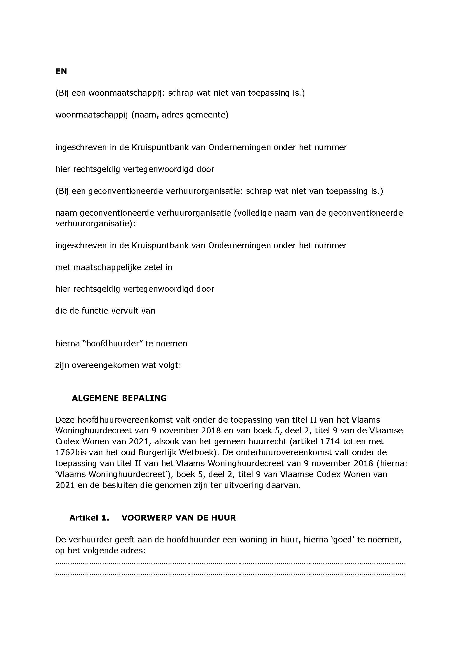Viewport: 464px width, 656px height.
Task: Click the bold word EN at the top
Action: pyautogui.click(x=61, y=72)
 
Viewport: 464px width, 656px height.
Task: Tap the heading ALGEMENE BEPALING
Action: pyautogui.click(x=119, y=398)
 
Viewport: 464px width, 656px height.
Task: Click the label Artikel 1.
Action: pyautogui.click(x=89, y=518)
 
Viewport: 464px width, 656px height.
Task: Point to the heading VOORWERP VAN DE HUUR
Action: pyautogui.click(x=179, y=518)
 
